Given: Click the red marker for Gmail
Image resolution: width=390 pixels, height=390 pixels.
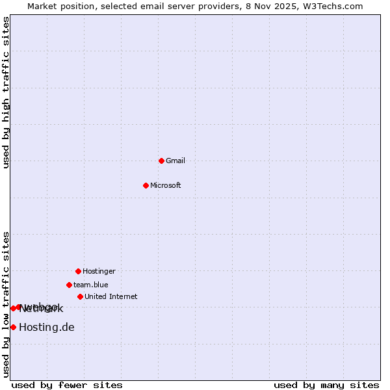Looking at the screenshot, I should [161, 161].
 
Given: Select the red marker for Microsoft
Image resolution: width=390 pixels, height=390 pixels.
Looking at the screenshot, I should [146, 185].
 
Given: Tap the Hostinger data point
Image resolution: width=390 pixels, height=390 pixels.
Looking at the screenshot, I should [78, 271].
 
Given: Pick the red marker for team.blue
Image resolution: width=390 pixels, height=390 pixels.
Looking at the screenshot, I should [69, 285].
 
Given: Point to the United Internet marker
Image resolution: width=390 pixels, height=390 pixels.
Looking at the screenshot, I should [80, 296].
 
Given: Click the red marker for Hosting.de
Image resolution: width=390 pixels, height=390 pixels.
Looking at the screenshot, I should [13, 327].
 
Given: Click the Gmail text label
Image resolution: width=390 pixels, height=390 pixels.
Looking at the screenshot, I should [175, 161].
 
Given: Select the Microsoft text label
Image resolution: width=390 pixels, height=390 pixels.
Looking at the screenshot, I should [166, 185].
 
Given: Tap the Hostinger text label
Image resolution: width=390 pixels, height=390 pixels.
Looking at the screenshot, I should [99, 271].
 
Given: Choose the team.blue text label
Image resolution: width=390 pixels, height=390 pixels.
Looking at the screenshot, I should [91, 285].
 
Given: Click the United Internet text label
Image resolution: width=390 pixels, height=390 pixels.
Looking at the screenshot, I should [111, 296].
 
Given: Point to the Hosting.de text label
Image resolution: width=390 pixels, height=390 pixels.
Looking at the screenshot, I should [47, 327].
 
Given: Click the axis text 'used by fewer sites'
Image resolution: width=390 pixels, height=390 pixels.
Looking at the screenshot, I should [67, 385].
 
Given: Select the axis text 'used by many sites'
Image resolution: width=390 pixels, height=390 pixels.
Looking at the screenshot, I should [326, 385].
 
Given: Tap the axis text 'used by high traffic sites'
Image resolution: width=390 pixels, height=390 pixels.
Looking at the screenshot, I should [6, 92].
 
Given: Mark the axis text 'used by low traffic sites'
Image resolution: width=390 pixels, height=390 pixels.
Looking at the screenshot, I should [6, 304].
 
